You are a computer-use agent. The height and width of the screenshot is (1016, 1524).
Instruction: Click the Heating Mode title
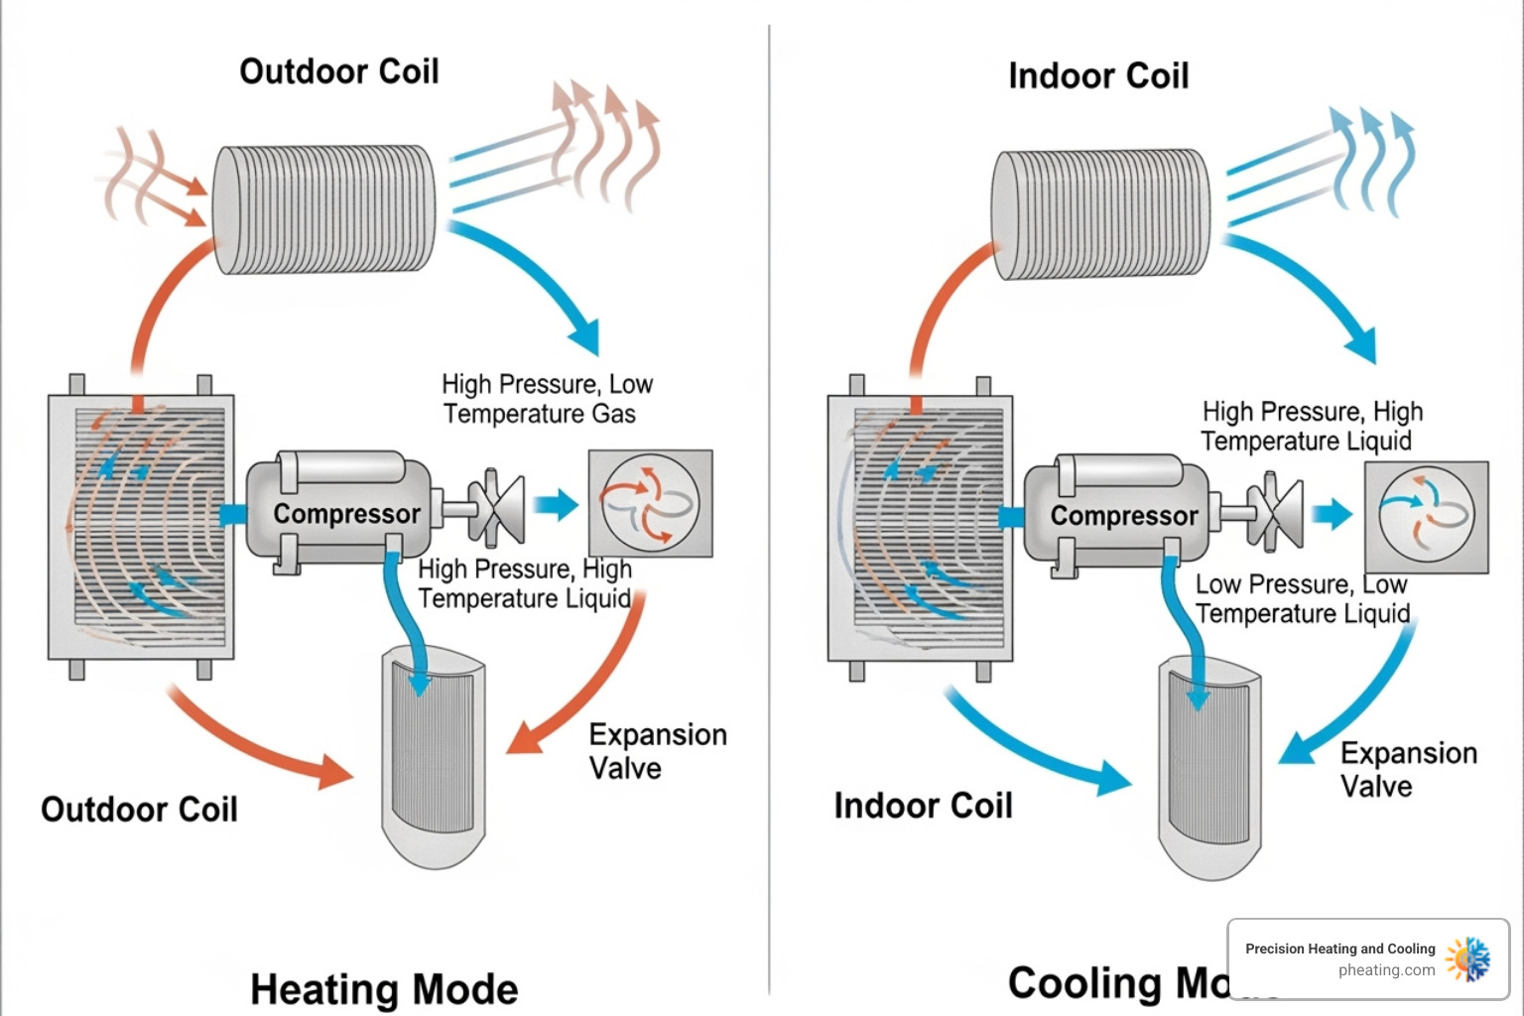(x=384, y=989)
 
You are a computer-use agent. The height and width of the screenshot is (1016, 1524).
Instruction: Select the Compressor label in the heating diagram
(x=346, y=513)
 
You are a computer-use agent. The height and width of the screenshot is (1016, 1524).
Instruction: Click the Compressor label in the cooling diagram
(x=1123, y=515)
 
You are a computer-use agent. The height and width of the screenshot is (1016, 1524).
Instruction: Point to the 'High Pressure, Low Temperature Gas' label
(x=547, y=399)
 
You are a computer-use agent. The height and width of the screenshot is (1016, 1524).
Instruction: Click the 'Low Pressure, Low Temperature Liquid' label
(x=1302, y=599)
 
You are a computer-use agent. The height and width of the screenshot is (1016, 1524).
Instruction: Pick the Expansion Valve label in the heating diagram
(x=657, y=750)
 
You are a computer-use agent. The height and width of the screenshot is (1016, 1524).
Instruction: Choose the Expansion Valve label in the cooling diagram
(x=1408, y=769)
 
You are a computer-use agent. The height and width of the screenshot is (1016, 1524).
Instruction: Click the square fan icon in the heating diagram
(x=650, y=503)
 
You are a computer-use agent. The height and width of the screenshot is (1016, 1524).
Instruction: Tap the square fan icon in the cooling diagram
(x=1426, y=516)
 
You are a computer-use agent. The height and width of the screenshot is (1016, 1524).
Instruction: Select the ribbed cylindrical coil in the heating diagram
(x=324, y=209)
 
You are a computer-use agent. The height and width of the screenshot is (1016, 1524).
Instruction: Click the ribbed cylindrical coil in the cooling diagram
(x=1101, y=213)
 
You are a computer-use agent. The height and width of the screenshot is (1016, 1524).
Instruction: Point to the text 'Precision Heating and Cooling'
(x=1339, y=949)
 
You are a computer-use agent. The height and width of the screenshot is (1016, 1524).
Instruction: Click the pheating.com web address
(x=1386, y=970)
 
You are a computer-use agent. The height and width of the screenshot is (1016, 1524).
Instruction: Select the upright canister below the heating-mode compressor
(x=435, y=756)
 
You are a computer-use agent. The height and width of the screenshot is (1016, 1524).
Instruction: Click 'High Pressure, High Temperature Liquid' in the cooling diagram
(x=1312, y=426)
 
